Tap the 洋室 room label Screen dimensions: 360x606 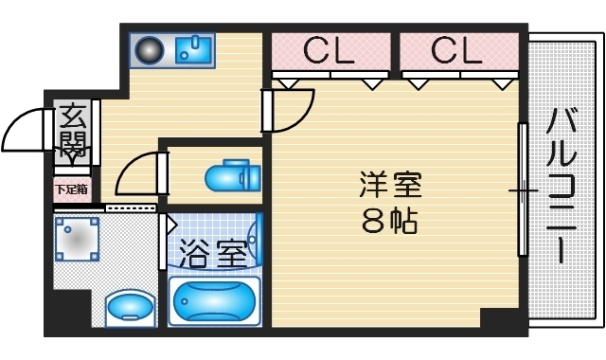pos(389,184)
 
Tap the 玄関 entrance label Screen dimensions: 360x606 pos(73,132)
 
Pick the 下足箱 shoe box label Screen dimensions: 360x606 pos(72,189)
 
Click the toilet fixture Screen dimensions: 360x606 pos(230,176)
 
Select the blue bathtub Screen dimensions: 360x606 pos(213,302)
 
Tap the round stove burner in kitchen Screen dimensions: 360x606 pos(150,50)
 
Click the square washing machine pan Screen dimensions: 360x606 pos(76,240)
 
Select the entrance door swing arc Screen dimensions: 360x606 pos(24,130)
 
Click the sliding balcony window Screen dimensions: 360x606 pos(522,189)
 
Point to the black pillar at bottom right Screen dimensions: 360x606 pos(503,320)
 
